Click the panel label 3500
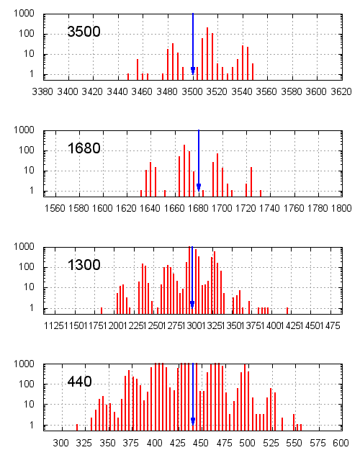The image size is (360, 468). click(84, 32)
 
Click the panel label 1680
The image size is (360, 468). click(84, 149)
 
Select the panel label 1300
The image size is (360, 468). click(84, 265)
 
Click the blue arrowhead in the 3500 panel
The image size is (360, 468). click(193, 71)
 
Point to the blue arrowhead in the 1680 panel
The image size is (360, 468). click(199, 187)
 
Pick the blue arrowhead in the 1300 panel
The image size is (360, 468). click(192, 304)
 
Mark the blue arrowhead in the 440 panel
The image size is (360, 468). click(193, 420)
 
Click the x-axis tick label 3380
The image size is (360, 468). click(43, 91)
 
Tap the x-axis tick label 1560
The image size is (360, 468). click(55, 208)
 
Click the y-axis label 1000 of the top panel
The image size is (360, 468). click(24, 14)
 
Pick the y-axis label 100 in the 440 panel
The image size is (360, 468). click(27, 384)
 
